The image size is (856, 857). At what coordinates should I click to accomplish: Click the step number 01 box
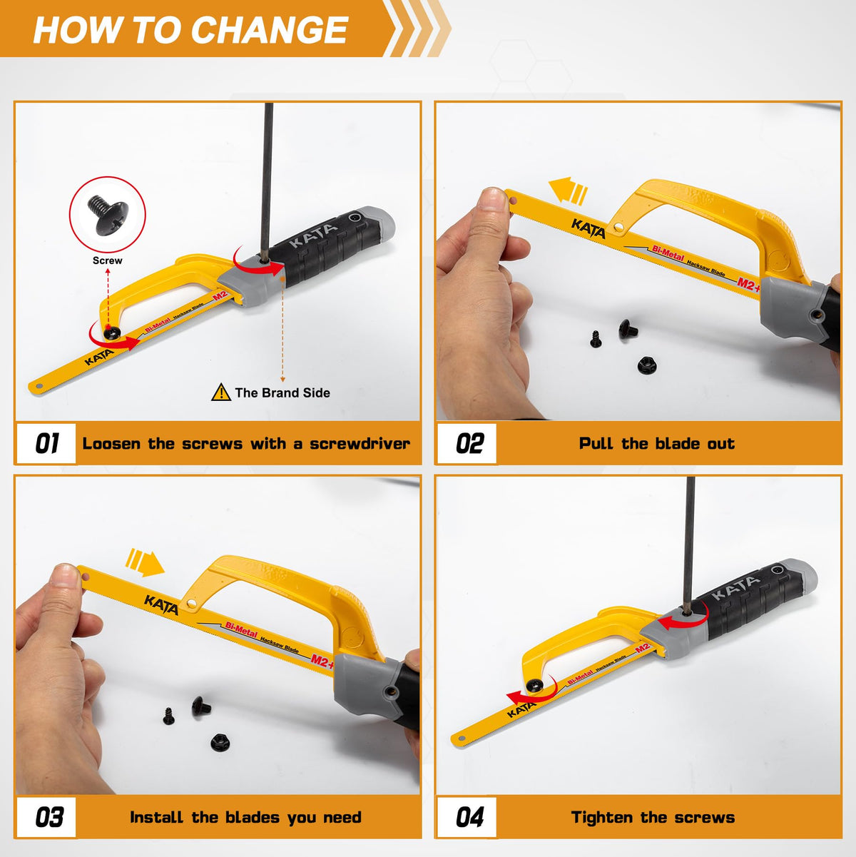46,443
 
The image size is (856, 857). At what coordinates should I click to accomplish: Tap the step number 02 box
467,443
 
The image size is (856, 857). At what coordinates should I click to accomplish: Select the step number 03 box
46,817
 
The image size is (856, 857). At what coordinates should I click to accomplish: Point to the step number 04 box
467,817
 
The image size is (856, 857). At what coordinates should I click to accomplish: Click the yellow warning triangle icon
221,392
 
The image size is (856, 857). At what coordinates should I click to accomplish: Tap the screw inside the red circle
108,215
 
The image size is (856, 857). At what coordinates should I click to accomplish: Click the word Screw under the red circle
107,260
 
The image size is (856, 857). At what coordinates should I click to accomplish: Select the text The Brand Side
282,392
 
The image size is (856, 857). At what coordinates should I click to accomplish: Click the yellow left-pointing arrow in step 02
568,191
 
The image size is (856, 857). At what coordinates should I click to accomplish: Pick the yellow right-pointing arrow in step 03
145,562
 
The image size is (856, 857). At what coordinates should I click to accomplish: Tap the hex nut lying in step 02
647,365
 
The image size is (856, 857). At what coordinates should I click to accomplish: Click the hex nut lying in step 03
220,742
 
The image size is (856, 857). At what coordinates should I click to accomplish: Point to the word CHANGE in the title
270,30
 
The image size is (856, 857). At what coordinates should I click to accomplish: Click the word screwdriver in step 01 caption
360,443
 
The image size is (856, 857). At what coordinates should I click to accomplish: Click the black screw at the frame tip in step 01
111,333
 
